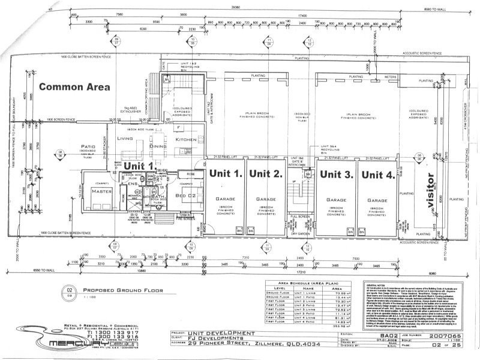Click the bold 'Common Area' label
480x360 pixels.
(74, 86)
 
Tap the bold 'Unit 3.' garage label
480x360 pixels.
(335, 175)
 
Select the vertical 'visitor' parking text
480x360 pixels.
(430, 191)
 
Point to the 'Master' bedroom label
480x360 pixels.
(98, 191)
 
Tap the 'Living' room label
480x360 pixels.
(125, 139)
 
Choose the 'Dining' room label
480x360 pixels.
(158, 146)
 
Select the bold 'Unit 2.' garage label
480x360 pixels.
(266, 175)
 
